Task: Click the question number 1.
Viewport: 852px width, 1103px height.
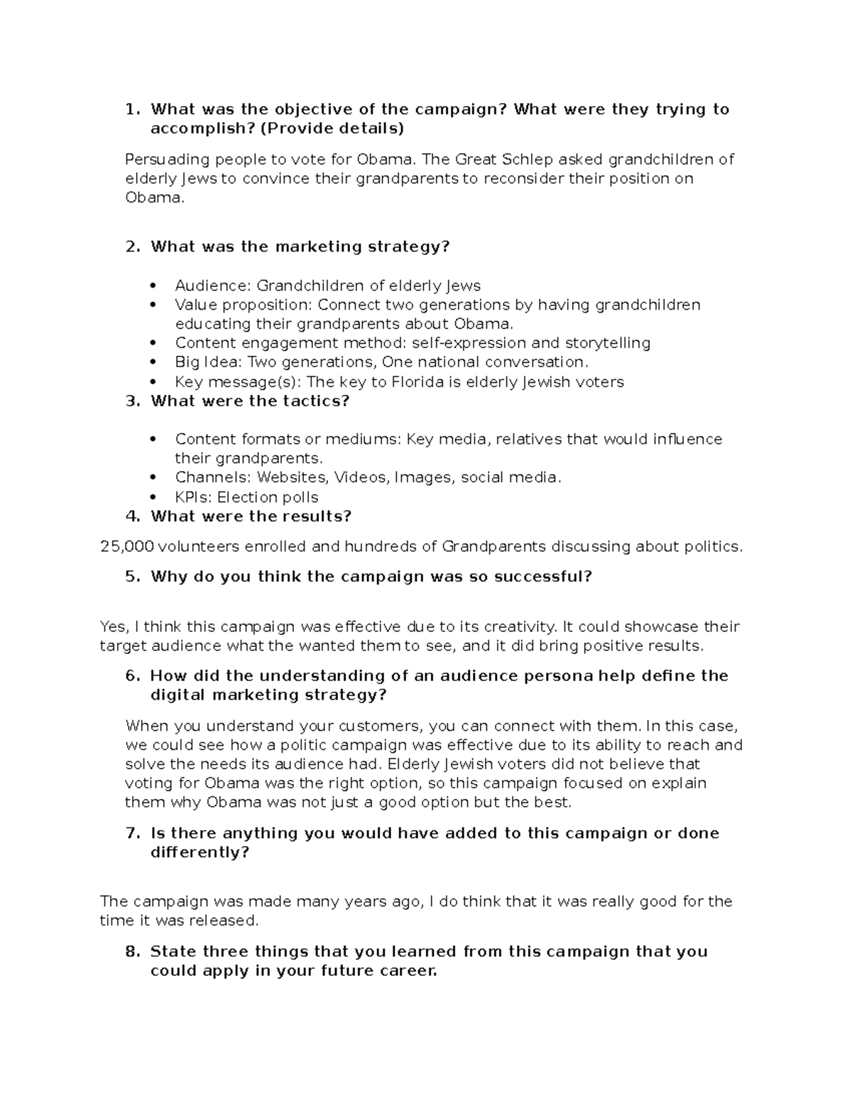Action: coord(131,109)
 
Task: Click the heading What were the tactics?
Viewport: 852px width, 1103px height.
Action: coord(250,401)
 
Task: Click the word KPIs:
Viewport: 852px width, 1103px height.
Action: coord(194,497)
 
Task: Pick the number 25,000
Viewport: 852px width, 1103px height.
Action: coord(127,546)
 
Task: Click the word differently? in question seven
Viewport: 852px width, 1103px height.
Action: coord(200,852)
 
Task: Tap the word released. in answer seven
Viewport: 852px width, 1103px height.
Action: coord(230,920)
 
